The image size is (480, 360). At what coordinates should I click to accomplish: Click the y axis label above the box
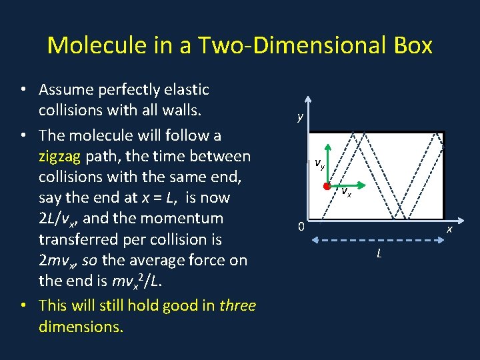pyautogui.click(x=301, y=117)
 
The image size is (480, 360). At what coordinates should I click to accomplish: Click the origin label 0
pyautogui.click(x=301, y=227)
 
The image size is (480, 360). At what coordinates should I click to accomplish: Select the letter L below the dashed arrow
pyautogui.click(x=379, y=253)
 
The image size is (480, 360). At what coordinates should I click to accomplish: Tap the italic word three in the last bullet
pyautogui.click(x=237, y=305)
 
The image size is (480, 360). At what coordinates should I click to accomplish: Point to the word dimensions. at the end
pyautogui.click(x=81, y=327)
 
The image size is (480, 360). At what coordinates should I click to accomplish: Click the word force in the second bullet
pyautogui.click(x=194, y=260)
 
